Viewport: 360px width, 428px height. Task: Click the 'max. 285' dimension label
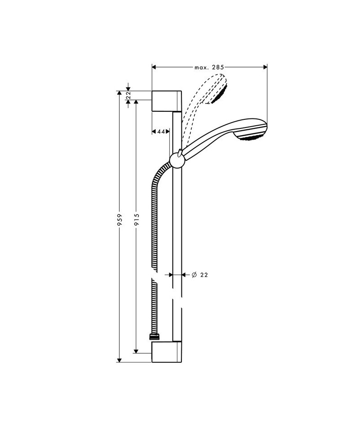(209, 67)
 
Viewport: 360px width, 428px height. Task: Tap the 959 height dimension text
(119, 220)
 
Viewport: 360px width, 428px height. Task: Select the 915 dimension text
(137, 219)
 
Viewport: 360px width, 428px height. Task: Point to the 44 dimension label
(161, 132)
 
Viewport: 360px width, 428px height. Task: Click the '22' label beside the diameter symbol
(204, 275)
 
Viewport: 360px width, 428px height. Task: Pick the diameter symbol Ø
(194, 275)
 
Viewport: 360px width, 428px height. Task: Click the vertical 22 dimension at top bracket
(129, 95)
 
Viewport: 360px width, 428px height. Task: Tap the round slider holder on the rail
(177, 161)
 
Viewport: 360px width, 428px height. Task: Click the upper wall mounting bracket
(166, 101)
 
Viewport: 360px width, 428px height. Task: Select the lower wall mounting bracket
(166, 351)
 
